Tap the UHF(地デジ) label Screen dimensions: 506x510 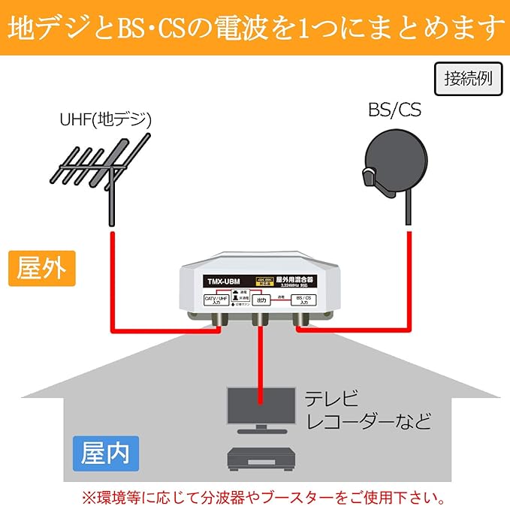pyautogui.click(x=106, y=119)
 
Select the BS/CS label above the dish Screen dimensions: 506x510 pyautogui.click(x=394, y=111)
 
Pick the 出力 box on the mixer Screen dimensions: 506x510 pyautogui.click(x=261, y=300)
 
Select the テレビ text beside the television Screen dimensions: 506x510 pyautogui.click(x=324, y=398)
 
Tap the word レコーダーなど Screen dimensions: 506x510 pyautogui.click(x=367, y=420)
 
